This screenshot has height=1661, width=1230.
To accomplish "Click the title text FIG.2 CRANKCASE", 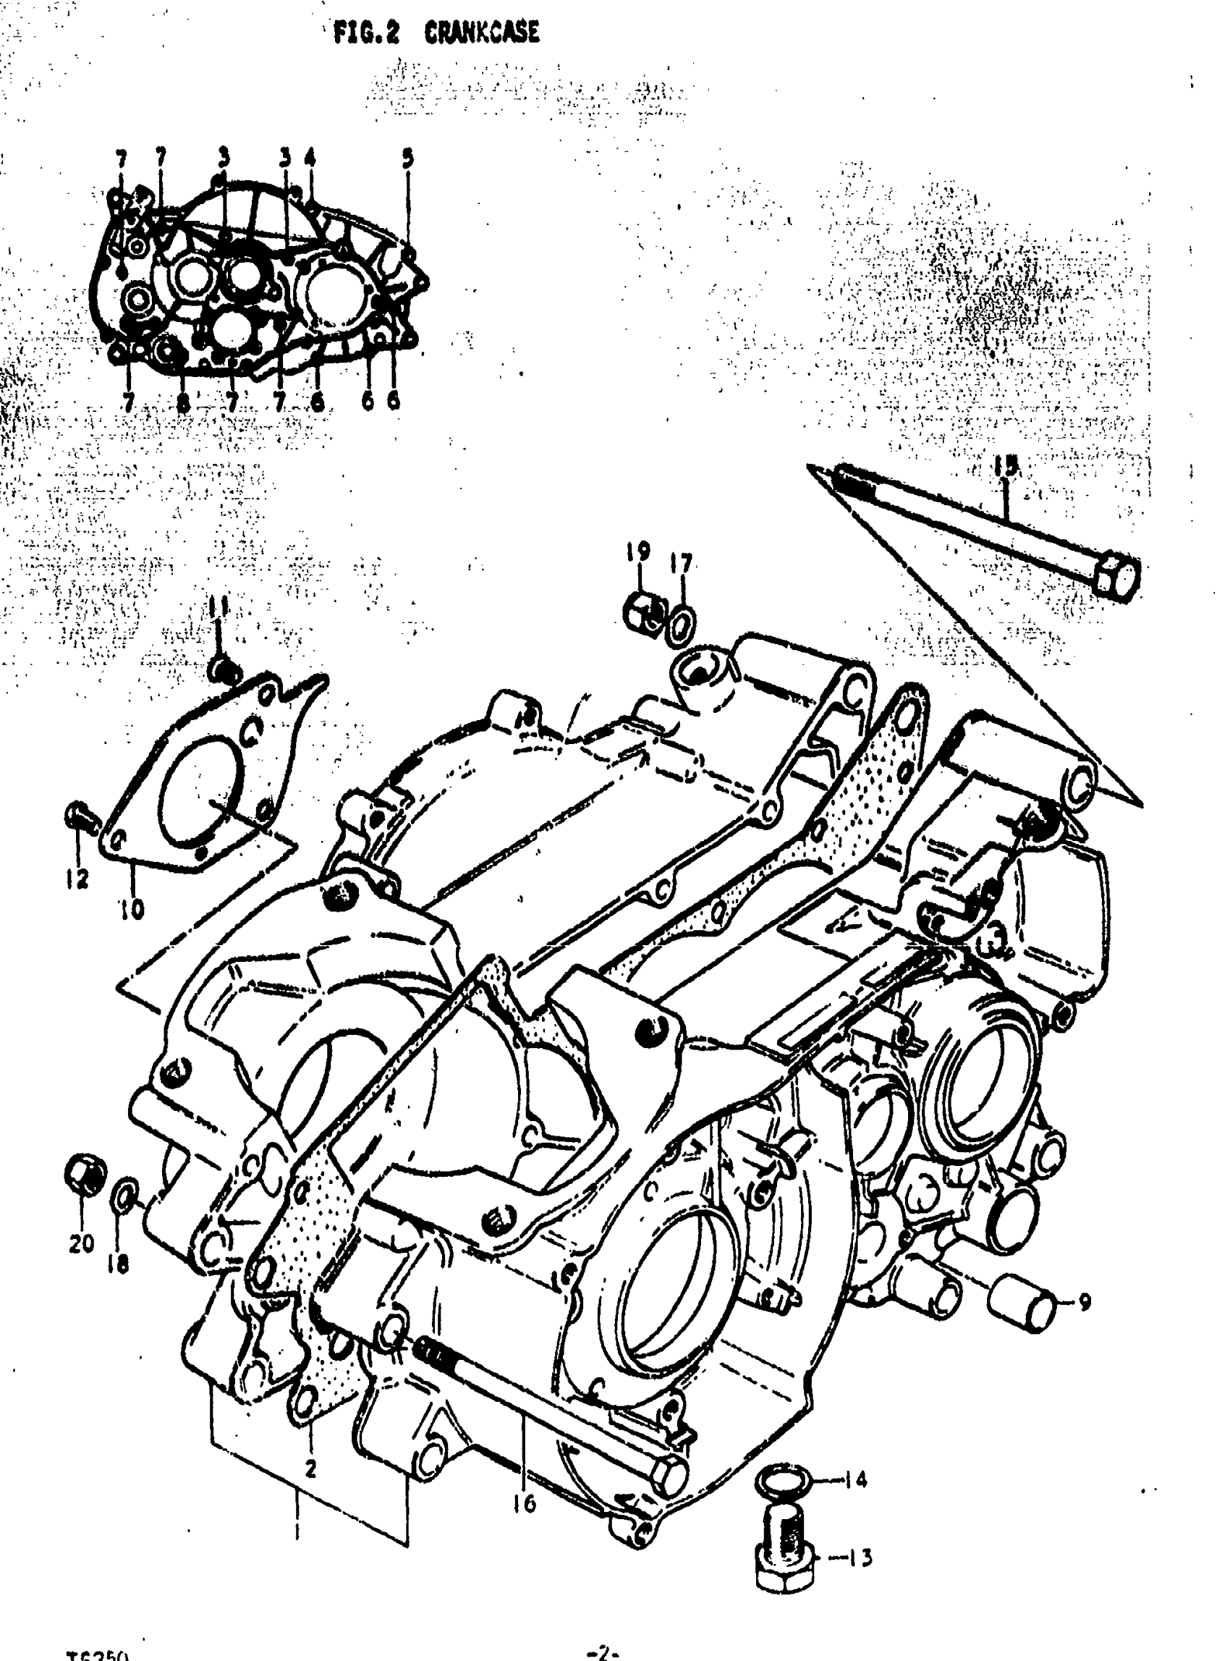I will click(x=436, y=33).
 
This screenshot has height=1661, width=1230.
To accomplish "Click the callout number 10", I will click(x=132, y=909).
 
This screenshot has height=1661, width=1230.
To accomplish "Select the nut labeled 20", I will click(x=84, y=1175).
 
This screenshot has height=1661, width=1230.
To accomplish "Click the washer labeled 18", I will click(x=124, y=1196).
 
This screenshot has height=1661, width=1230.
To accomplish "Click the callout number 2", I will click(x=310, y=1467).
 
